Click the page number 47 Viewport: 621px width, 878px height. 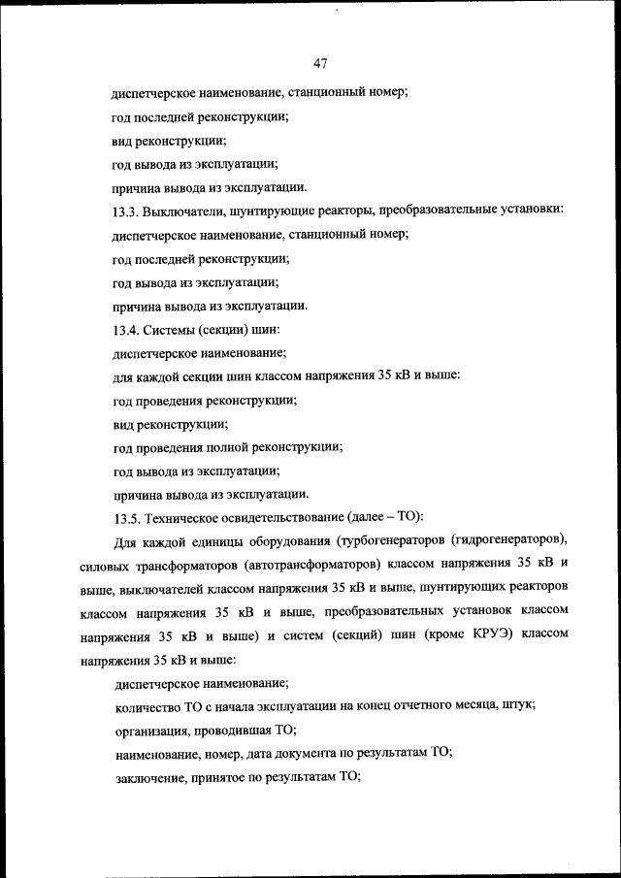tap(320, 64)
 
